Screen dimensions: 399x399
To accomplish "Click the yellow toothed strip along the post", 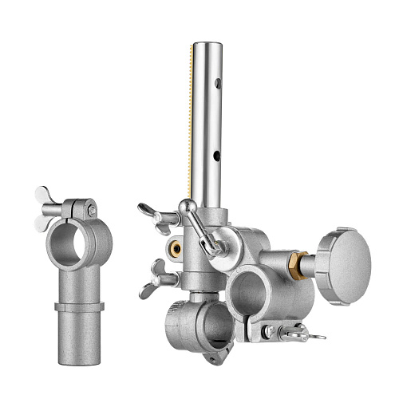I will (190, 120).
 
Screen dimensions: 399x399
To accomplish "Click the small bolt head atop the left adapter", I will (93, 211).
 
